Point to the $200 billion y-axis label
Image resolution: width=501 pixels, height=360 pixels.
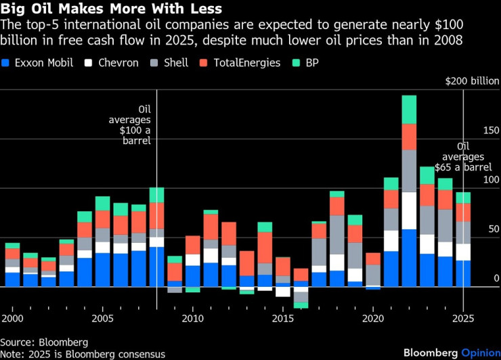[x=472, y=81]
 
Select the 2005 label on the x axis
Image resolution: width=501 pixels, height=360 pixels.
[x=102, y=318]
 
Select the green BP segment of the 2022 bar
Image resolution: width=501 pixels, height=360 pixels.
[x=409, y=110]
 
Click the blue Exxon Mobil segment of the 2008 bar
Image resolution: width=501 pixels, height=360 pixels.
[x=156, y=267]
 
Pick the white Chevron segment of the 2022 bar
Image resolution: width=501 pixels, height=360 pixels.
[x=409, y=210]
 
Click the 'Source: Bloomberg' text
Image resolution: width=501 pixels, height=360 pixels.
[x=44, y=342]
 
